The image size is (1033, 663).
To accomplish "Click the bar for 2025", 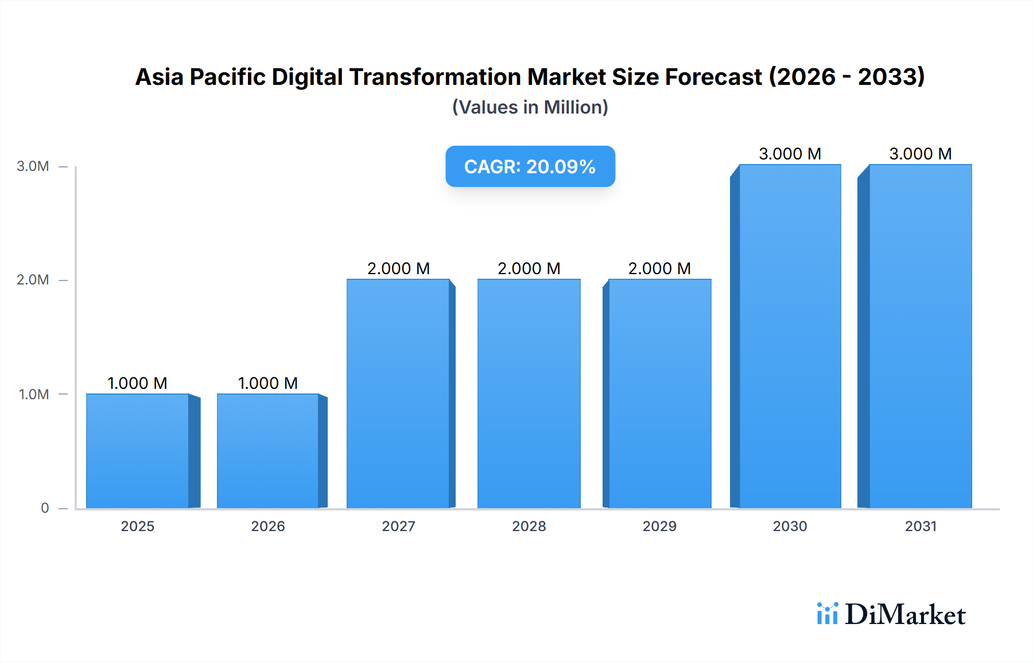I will (x=138, y=451).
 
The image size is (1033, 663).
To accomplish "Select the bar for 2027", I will (x=398, y=393).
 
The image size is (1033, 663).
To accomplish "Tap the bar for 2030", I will (x=790, y=336).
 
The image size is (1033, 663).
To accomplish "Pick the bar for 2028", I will (x=529, y=393).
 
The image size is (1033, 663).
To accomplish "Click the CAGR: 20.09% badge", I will (x=530, y=166).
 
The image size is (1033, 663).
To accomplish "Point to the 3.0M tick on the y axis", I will (x=33, y=166).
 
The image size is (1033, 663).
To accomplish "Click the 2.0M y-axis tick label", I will (x=33, y=280).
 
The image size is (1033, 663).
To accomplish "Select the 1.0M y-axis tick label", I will (x=34, y=394).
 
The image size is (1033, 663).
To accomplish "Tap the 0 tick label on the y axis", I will (x=45, y=508).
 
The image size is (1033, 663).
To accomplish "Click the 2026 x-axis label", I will (x=268, y=526).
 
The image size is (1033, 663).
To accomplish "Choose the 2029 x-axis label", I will (x=659, y=526).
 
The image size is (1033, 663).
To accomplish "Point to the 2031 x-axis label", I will (x=921, y=526).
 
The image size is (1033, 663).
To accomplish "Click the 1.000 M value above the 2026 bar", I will (x=268, y=383).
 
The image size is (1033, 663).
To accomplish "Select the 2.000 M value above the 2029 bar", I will (x=659, y=268).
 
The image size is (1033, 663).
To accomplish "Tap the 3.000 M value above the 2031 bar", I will (x=921, y=154).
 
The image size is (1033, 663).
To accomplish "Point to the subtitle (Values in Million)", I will (x=530, y=107).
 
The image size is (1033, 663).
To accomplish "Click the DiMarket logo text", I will (x=905, y=615).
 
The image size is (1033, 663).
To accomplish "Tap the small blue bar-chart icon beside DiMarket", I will (x=827, y=614).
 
